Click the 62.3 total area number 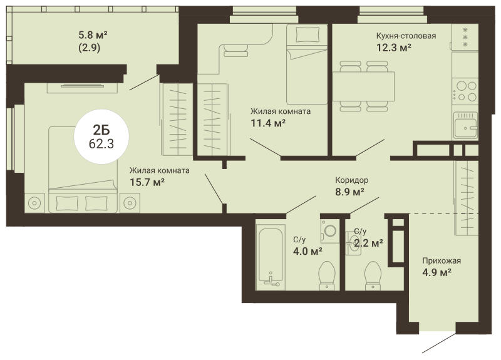(101, 144)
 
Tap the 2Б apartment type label (101, 130)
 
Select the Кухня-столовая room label (406, 36)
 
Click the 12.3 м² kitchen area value (393, 48)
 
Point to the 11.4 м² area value (268, 123)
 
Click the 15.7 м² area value (147, 182)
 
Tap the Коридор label (351, 180)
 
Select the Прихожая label (442, 261)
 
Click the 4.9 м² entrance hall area (436, 273)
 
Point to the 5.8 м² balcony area (93, 34)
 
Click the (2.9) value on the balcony (90, 48)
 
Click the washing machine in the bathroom (330, 230)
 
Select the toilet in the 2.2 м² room (373, 276)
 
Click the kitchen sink (465, 125)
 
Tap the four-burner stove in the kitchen (465, 91)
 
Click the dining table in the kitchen (363, 86)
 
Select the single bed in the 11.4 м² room (307, 64)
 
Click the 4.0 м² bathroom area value (307, 251)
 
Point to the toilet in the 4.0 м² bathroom (327, 276)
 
